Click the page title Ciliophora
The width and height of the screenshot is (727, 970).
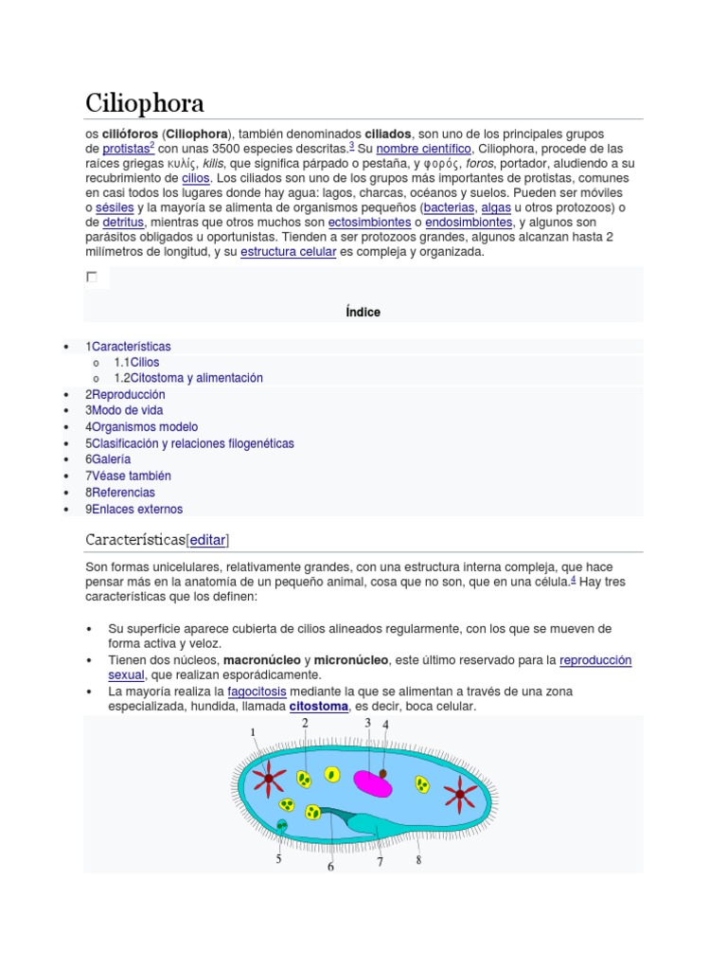(x=144, y=102)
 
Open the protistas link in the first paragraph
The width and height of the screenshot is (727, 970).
(x=125, y=149)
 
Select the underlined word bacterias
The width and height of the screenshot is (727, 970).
(x=449, y=207)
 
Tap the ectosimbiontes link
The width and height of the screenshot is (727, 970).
(x=363, y=223)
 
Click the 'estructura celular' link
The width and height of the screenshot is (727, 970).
(x=288, y=253)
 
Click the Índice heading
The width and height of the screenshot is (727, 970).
(x=363, y=312)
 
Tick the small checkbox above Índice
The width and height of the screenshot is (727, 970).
(x=92, y=278)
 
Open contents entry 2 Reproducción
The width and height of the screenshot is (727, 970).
(x=128, y=394)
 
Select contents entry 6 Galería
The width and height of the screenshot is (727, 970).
(x=111, y=459)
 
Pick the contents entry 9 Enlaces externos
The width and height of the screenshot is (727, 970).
(x=136, y=509)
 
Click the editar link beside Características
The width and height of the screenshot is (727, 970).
(x=208, y=540)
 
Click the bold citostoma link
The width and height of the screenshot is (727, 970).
(x=318, y=707)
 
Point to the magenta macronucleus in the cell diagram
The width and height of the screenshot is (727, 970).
(x=372, y=782)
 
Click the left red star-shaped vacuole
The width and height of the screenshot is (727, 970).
(x=269, y=778)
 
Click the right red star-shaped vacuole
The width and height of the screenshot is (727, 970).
(x=461, y=793)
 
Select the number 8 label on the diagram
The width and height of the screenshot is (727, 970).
(x=417, y=860)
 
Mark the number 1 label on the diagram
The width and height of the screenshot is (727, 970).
(x=253, y=732)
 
